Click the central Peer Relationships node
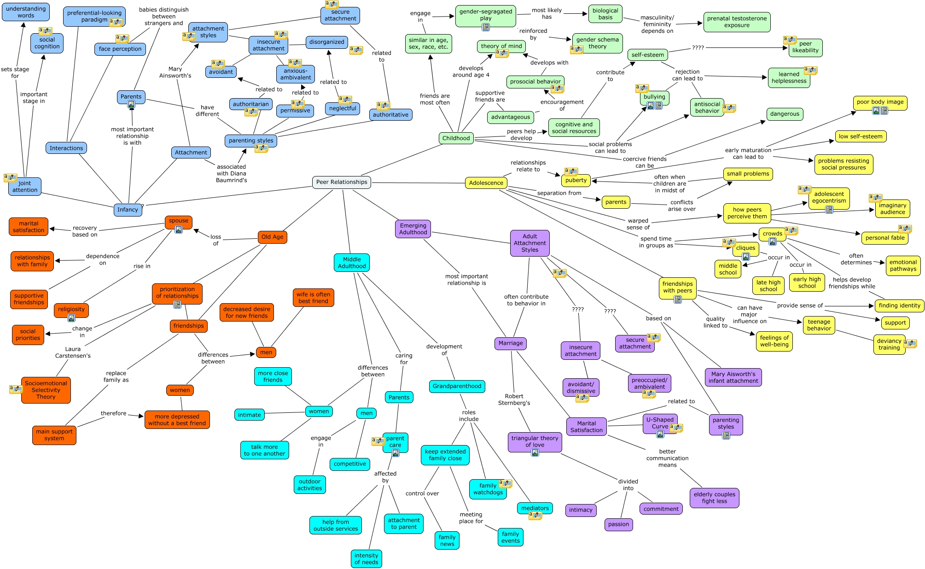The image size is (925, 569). (342, 182)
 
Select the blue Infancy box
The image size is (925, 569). (128, 210)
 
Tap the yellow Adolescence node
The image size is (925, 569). (486, 183)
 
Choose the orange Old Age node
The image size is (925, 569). (272, 237)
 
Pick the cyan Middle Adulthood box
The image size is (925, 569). (352, 263)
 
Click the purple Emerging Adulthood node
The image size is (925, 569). (413, 229)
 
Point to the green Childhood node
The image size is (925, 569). (456, 138)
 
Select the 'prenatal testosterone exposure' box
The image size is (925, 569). (737, 22)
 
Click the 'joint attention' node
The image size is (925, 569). (25, 187)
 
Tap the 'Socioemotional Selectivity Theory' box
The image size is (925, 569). (46, 390)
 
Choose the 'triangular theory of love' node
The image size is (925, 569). (535, 441)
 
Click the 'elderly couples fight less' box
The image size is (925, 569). (714, 498)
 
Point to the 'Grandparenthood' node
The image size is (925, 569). (457, 386)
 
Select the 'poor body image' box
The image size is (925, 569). (880, 102)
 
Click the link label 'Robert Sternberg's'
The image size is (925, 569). (514, 399)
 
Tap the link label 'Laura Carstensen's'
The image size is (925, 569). (73, 352)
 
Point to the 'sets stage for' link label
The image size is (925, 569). (15, 72)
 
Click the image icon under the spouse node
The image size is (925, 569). (178, 229)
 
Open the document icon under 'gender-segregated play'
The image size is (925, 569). (485, 27)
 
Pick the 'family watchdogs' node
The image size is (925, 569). (488, 489)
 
